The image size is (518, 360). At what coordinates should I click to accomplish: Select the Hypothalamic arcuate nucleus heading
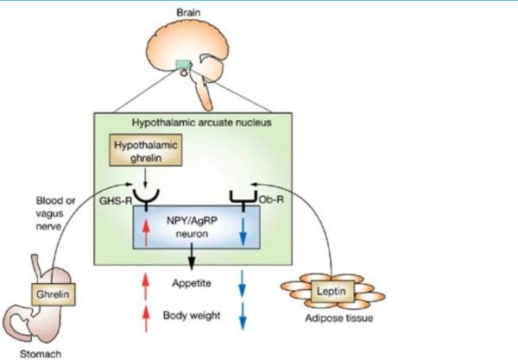pyautogui.click(x=210, y=121)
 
